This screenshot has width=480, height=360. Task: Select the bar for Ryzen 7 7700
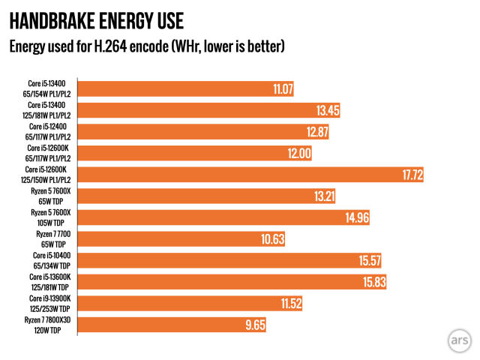(x=180, y=239)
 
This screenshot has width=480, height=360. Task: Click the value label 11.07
(x=283, y=89)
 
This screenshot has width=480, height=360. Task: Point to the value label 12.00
(x=298, y=154)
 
